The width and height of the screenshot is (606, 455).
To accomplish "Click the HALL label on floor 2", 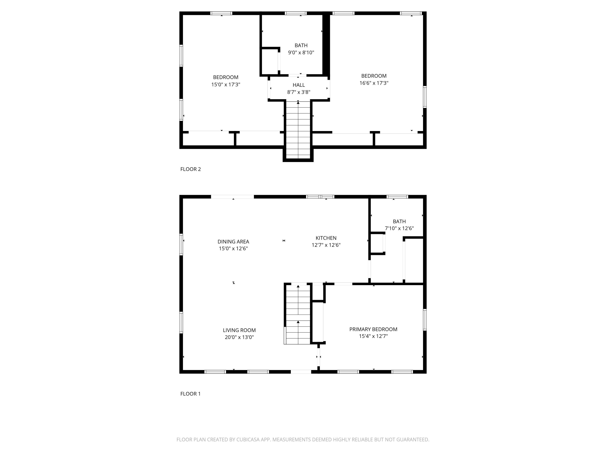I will [x=298, y=85].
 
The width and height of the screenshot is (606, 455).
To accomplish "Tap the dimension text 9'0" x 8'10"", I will [x=301, y=53].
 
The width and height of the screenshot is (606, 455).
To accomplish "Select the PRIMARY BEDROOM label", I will [x=373, y=329].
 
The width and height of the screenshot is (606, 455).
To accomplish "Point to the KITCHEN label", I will [x=326, y=238].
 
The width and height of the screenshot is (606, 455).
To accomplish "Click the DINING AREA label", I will [x=233, y=242].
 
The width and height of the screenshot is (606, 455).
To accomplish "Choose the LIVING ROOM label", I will [x=239, y=330].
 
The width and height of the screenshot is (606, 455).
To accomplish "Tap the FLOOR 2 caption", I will [x=190, y=169].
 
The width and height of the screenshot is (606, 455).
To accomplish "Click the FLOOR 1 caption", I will [x=190, y=394].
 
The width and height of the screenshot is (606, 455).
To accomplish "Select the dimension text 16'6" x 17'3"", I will [x=374, y=83].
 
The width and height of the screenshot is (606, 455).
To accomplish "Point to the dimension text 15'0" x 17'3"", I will [x=225, y=85].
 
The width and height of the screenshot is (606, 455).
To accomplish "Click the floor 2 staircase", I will [x=298, y=130].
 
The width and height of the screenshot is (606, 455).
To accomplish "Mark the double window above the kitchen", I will [x=320, y=197].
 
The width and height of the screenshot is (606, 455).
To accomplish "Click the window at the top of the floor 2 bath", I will [x=296, y=13].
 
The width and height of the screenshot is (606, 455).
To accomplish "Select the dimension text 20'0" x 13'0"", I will [x=239, y=337].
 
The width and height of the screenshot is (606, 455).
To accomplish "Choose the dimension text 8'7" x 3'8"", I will [x=298, y=92].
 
